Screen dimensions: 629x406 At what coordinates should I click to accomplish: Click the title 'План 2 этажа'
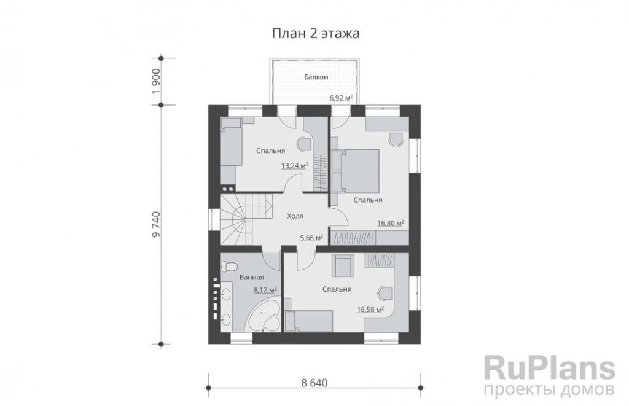click(x=316, y=33)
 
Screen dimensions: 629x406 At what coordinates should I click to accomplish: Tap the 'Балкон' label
click(x=316, y=77)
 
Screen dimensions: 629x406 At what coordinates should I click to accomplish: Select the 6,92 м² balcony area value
click(x=341, y=98)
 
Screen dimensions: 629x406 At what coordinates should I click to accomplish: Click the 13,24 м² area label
click(x=294, y=165)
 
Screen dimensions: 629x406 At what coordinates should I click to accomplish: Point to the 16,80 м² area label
click(x=390, y=223)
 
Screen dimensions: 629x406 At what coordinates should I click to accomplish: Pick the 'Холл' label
click(x=295, y=216)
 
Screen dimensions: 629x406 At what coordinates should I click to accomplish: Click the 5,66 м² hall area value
click(x=311, y=238)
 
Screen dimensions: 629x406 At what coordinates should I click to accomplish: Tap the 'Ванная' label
click(x=251, y=277)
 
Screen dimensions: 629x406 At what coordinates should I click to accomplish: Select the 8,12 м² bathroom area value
click(x=265, y=290)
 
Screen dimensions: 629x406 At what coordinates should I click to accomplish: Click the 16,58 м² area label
click(x=370, y=310)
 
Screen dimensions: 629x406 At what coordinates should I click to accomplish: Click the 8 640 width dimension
click(x=314, y=383)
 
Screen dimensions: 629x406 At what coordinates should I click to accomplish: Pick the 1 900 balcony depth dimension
click(x=156, y=82)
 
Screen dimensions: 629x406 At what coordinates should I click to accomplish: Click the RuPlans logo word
click(x=550, y=369)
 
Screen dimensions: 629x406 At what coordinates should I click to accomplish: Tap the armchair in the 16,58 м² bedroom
click(x=343, y=267)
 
